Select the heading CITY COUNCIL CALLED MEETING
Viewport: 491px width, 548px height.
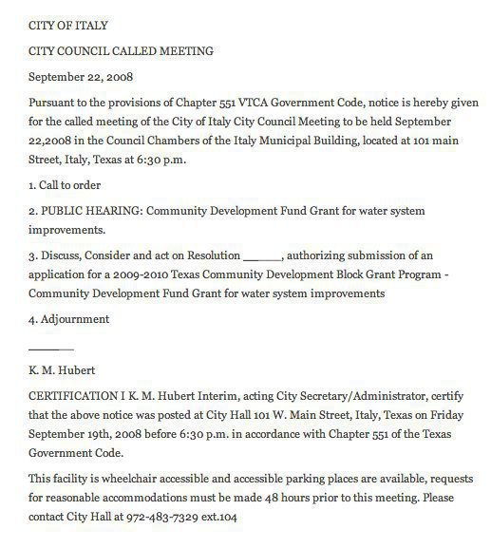click(122, 50)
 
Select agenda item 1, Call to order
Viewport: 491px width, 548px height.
click(66, 185)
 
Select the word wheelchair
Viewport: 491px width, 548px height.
click(128, 479)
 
